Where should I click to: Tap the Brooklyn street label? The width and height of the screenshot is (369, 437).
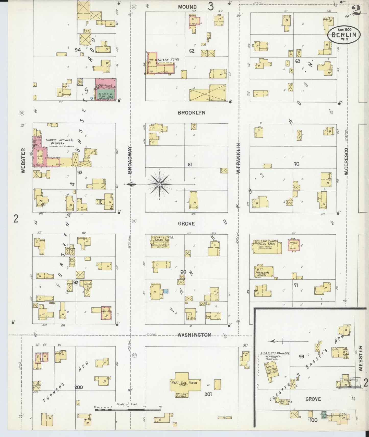[192, 113]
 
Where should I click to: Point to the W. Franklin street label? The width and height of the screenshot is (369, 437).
[239, 158]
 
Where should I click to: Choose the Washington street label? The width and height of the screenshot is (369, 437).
[194, 335]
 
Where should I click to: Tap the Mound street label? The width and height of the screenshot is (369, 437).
[187, 7]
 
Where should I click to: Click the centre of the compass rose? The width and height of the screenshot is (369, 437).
[159, 184]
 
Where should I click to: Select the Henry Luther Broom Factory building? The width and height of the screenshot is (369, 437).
[160, 242]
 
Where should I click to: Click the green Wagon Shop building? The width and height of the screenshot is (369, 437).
[105, 95]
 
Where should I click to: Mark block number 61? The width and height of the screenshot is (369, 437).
[190, 165]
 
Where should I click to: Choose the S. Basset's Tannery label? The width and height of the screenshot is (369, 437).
[275, 353]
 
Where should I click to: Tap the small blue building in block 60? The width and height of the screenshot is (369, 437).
[166, 291]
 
